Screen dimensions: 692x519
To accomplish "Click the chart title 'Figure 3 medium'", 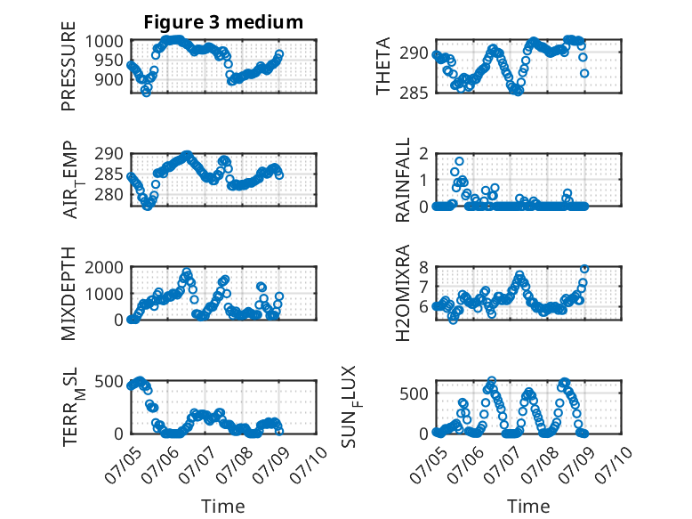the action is (x=223, y=22).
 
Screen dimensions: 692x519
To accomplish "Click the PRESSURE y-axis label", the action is (x=68, y=66).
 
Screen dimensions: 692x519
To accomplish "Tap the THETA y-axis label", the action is (x=383, y=66).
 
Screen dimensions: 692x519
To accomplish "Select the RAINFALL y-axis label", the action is (x=403, y=180).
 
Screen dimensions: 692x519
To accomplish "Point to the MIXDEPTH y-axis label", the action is (x=68, y=294).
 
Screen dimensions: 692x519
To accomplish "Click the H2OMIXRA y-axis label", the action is (x=403, y=293).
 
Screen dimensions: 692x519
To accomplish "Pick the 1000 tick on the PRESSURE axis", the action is (x=104, y=42).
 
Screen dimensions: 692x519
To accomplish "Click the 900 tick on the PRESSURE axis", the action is (x=109, y=80).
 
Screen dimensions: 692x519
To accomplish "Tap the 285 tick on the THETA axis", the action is (x=414, y=93).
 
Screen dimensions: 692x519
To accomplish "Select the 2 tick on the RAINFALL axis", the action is (x=423, y=154).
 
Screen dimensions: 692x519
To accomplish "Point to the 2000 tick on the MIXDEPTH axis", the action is (x=104, y=267).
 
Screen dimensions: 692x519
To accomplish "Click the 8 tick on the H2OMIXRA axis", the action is (x=423, y=267).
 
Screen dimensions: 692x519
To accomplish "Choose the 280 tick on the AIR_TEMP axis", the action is (x=109, y=194).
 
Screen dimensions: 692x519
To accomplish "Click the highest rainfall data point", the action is (x=460, y=161).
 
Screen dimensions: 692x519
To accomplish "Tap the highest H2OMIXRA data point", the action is (x=584, y=269).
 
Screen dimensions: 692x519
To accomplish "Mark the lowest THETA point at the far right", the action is (x=584, y=73).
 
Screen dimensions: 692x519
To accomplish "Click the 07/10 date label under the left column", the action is (x=309, y=465).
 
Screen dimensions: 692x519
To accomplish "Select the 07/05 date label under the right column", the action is (x=428, y=465).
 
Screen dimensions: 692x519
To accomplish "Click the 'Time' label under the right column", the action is (x=528, y=507).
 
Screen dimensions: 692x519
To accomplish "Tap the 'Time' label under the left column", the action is (x=223, y=507).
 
